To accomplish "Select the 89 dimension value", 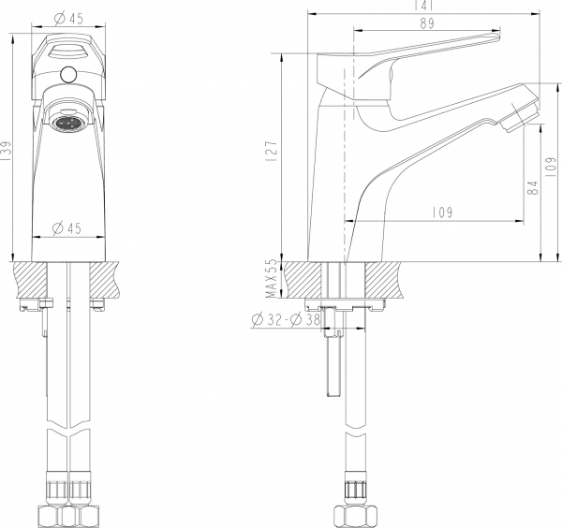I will pyautogui.click(x=426, y=24).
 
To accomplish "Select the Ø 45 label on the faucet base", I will pyautogui.click(x=66, y=227).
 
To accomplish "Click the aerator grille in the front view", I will pyautogui.click(x=69, y=123).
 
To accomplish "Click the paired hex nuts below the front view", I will pyautogui.click(x=70, y=516).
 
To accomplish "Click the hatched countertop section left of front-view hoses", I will pyautogui.click(x=30, y=279).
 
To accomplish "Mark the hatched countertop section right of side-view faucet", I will pyautogui.click(x=386, y=279).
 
